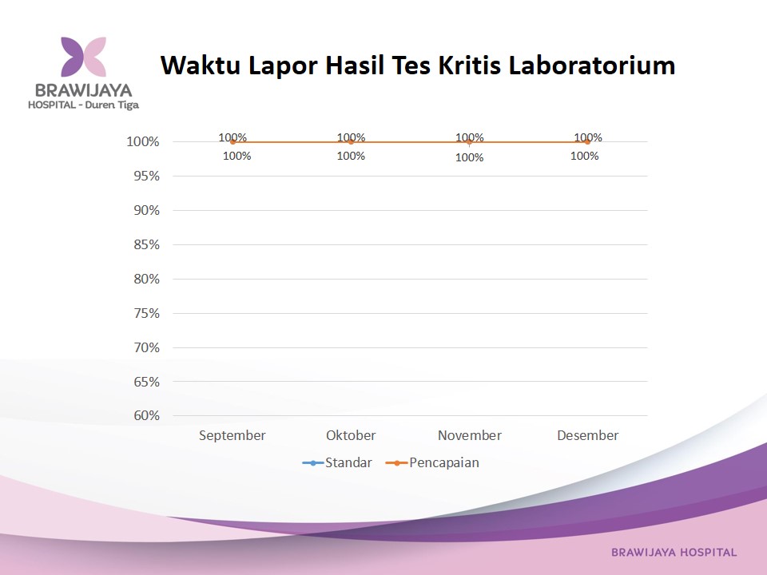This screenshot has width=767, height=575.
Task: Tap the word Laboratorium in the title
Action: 592,65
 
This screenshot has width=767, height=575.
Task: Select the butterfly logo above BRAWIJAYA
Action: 83,57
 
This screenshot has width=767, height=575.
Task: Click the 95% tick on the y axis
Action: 147,176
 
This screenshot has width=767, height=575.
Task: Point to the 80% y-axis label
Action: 147,279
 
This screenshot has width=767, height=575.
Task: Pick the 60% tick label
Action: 147,415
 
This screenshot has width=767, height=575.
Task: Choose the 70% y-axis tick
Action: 147,347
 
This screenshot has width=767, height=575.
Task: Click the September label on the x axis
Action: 232,436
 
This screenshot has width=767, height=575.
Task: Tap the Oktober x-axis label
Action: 351,435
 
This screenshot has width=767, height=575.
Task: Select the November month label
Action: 470,435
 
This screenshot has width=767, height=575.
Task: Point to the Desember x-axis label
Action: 588,435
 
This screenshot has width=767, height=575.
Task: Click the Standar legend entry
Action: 337,462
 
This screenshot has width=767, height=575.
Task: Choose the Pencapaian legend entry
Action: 432,462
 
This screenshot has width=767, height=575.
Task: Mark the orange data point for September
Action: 232,142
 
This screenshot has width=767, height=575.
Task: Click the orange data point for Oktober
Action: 351,142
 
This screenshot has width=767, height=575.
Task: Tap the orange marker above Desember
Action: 588,142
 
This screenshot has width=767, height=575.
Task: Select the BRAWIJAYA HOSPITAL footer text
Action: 674,553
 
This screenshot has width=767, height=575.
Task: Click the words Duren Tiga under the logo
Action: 112,105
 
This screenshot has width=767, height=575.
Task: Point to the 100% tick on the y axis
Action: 143,142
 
